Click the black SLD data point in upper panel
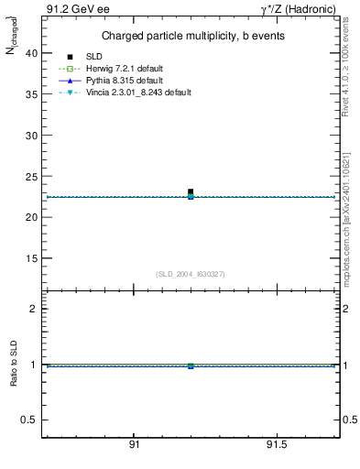(x=191, y=191)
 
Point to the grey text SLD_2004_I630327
(x=191, y=275)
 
